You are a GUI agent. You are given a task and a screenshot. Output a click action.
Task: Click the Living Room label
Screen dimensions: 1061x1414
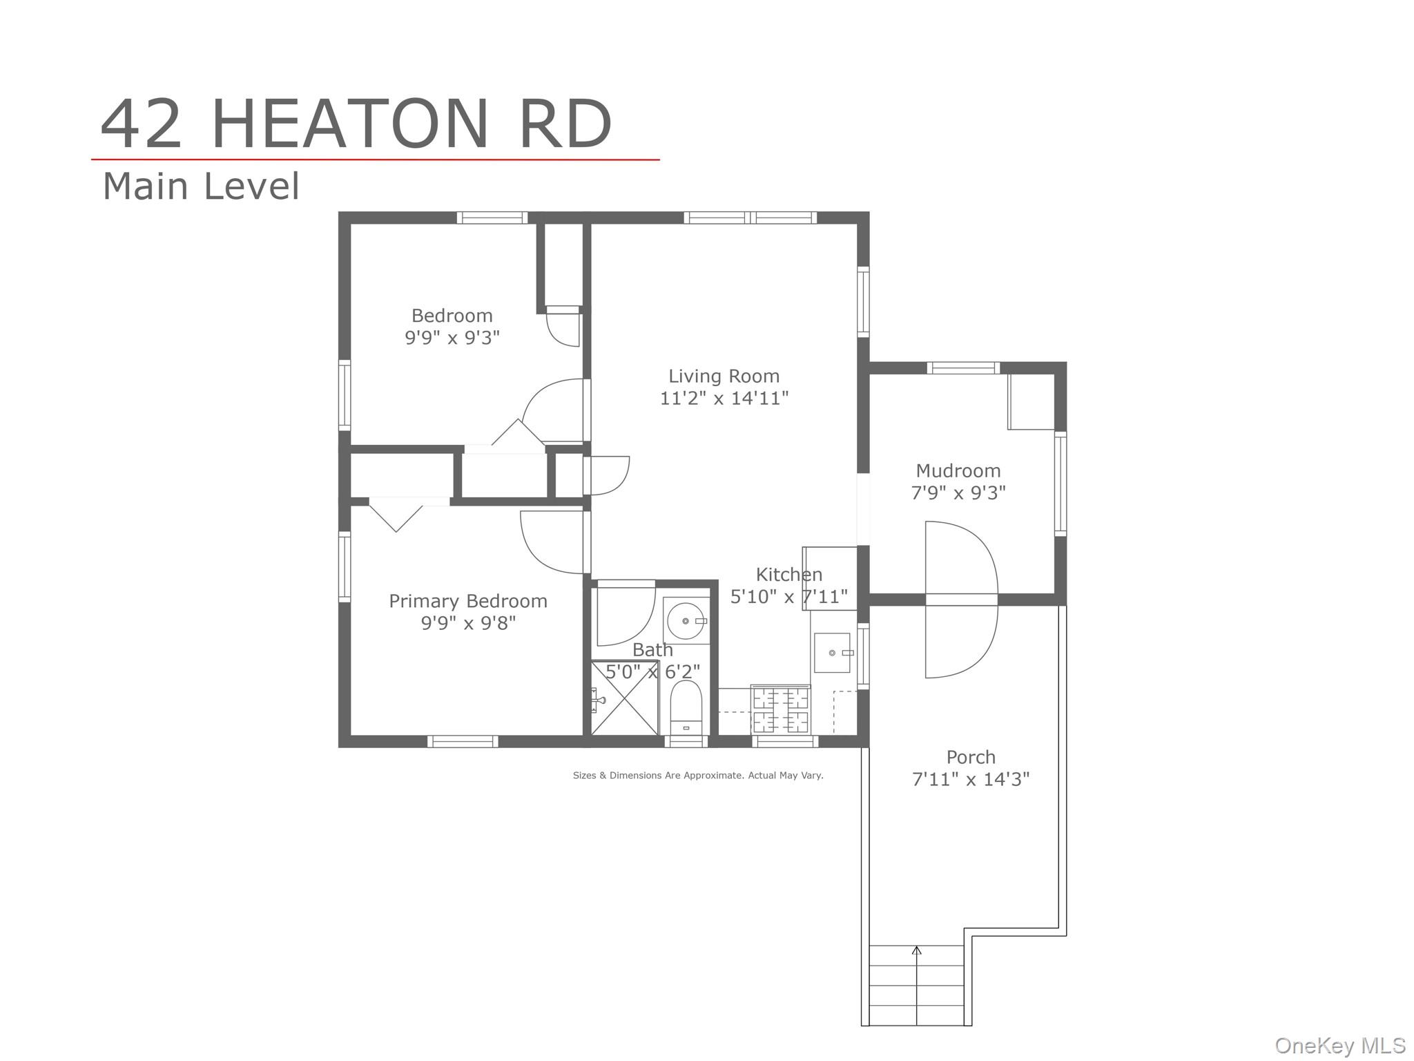coord(724,376)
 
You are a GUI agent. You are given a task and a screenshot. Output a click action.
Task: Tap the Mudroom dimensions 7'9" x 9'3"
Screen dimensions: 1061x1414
coord(958,493)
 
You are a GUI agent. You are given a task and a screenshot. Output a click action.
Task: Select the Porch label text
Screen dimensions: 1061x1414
coord(971,757)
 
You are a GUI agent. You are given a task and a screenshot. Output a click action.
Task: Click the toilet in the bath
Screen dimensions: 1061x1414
coord(686,708)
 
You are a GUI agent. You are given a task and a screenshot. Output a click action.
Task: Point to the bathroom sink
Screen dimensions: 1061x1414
coord(686,621)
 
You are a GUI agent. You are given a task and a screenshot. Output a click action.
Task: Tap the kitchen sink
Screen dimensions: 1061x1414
coord(832,653)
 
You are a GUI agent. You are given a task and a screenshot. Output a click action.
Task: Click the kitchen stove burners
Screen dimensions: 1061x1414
coord(780,710)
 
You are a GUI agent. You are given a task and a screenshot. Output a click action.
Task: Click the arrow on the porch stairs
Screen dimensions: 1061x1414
coord(916,952)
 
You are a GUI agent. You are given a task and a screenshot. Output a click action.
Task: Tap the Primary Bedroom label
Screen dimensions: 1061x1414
coord(468,601)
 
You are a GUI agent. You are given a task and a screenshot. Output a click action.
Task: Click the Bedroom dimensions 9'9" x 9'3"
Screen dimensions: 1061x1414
coord(452,338)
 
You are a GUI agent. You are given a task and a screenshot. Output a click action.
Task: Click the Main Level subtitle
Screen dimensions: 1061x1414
coord(201,187)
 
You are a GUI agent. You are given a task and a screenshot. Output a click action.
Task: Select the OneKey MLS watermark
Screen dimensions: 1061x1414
coord(1339,1046)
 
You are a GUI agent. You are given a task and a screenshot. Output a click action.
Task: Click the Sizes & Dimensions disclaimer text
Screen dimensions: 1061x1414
coord(698,776)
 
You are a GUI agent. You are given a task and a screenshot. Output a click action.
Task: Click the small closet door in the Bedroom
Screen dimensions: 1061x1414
coord(563,329)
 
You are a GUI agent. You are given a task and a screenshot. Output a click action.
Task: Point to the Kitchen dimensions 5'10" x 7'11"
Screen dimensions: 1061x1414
coord(788,597)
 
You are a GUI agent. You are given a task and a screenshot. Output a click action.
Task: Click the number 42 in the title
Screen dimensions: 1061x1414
coord(142,124)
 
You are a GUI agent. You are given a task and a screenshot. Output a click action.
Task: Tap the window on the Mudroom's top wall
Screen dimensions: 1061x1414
coord(962,367)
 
